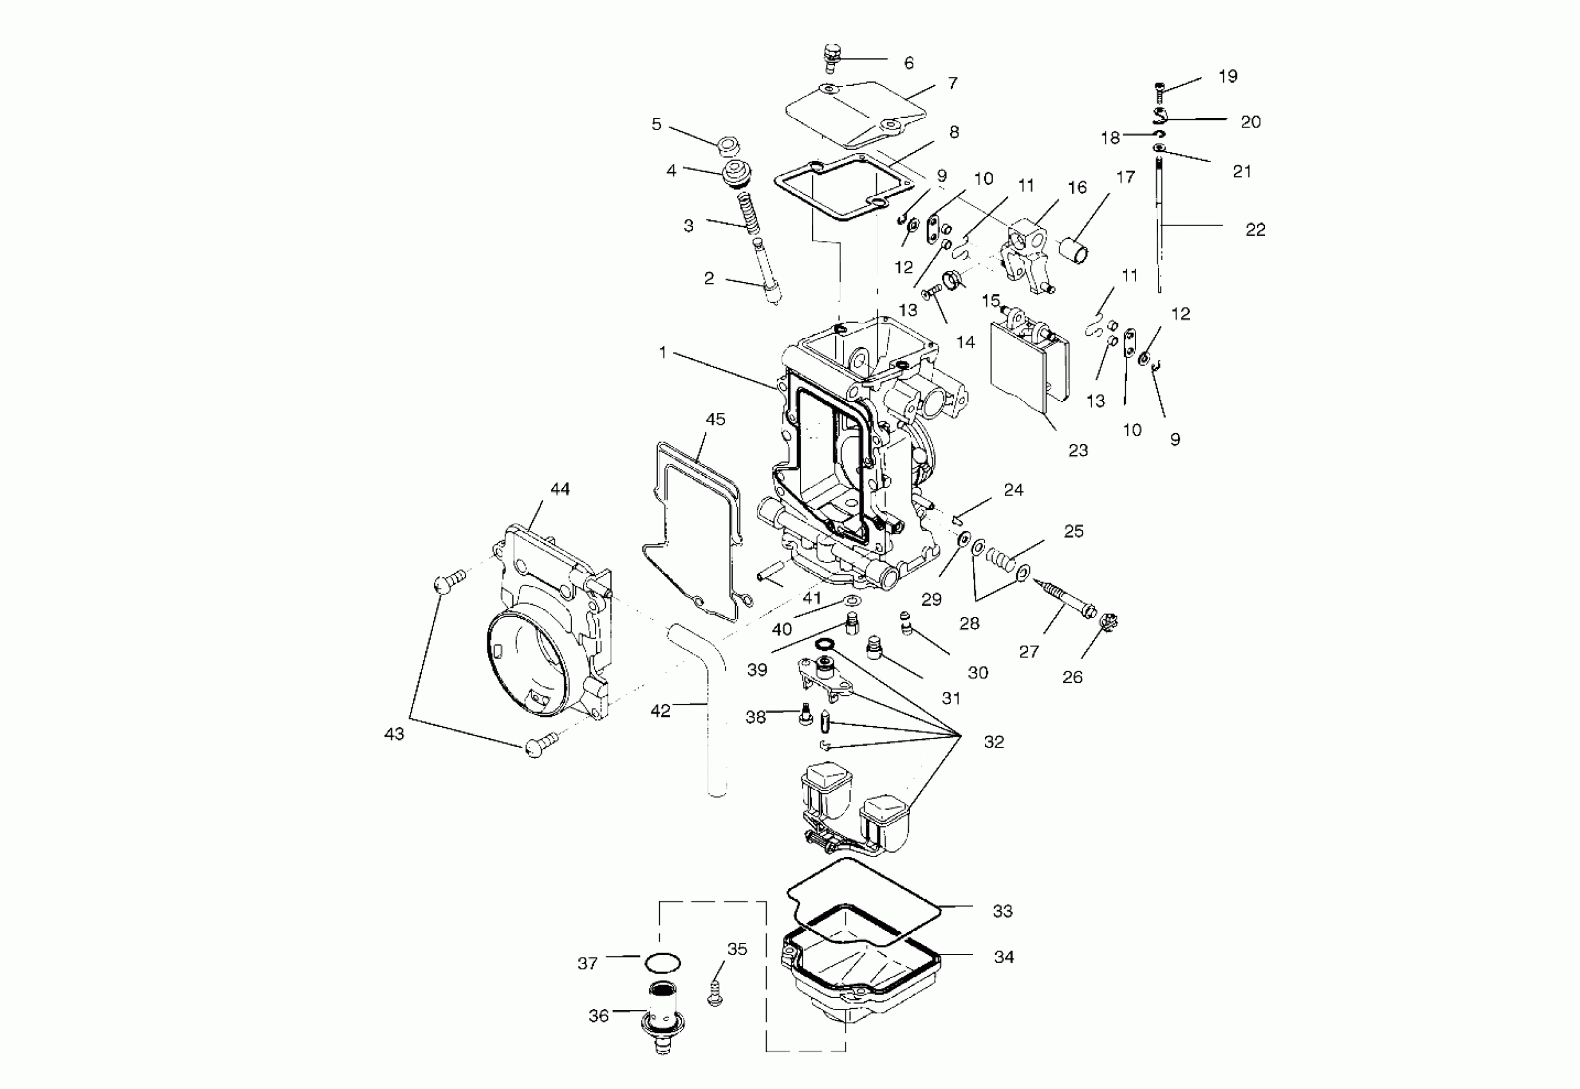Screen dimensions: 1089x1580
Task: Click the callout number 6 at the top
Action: click(x=909, y=63)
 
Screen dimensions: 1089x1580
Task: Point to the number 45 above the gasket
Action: click(x=715, y=419)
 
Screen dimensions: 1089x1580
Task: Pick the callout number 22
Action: click(x=1255, y=230)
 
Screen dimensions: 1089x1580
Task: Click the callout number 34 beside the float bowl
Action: click(x=1004, y=956)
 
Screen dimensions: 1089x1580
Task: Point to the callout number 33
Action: click(x=1002, y=910)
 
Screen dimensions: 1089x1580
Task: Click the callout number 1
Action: click(x=662, y=352)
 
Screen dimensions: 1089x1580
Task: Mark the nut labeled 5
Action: click(x=730, y=145)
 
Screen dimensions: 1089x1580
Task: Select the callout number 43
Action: click(x=395, y=733)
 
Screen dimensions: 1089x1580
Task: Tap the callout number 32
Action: click(x=994, y=742)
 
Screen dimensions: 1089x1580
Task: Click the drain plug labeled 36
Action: click(x=662, y=1020)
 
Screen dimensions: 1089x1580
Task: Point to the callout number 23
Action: click(x=1078, y=450)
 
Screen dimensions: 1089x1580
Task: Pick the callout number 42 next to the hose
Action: click(x=660, y=711)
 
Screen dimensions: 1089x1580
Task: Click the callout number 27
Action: click(x=1029, y=651)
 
